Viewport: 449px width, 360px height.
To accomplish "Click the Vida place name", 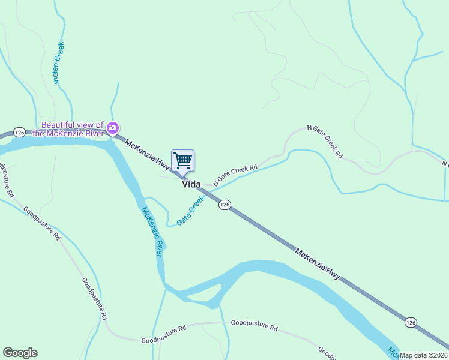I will (x=191, y=185).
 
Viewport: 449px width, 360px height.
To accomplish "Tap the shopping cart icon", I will (x=182, y=161).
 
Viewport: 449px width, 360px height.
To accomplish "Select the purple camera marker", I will (x=112, y=128).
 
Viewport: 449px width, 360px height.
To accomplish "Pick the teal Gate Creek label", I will (x=191, y=211).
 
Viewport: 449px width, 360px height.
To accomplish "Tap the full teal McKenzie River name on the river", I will (x=152, y=232).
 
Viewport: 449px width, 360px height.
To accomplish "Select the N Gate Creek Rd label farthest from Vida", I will (x=325, y=141).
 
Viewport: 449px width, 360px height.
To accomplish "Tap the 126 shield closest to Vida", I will (x=224, y=205).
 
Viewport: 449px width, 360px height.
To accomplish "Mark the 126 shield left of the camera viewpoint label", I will (x=19, y=132).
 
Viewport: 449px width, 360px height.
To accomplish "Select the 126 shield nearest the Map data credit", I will (x=410, y=322).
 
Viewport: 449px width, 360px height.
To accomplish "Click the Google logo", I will (x=20, y=353).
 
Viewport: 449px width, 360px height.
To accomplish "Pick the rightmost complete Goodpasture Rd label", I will (x=254, y=328).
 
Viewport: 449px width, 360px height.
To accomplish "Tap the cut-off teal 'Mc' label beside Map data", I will (x=392, y=352).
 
